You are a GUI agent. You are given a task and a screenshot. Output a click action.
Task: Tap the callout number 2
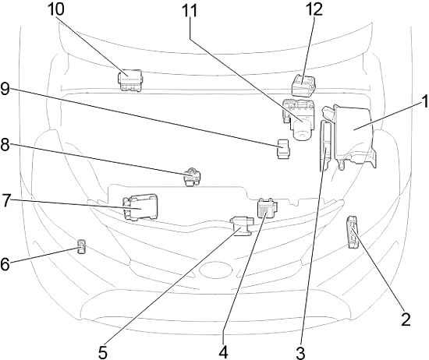click(405, 318)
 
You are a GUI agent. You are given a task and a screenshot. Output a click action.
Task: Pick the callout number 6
click(6, 263)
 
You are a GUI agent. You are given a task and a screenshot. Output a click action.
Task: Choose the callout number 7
click(6, 201)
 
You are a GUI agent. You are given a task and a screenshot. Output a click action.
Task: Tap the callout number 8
click(6, 145)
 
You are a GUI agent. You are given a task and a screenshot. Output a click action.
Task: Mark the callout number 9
click(6, 89)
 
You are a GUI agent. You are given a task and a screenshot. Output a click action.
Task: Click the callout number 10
click(55, 10)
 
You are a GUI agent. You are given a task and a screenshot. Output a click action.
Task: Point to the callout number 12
click(313, 10)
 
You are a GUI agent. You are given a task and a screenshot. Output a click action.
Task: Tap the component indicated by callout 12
click(302, 86)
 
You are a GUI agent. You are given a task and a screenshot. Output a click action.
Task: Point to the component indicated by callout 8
click(192, 177)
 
